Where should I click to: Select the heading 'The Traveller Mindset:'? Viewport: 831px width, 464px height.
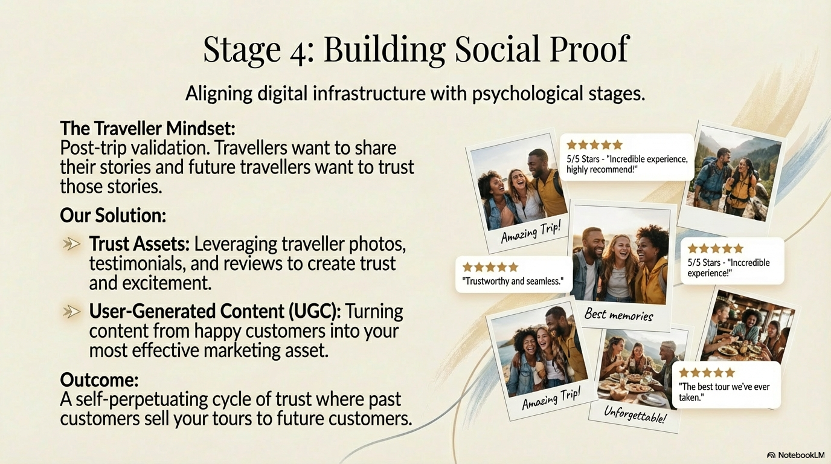click(x=147, y=129)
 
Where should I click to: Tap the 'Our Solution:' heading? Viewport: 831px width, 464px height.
click(x=113, y=215)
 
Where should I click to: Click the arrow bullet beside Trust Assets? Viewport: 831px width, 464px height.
click(x=72, y=244)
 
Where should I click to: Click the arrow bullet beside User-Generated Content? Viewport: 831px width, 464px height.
click(x=72, y=311)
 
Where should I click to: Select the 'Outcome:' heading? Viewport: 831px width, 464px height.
click(x=99, y=380)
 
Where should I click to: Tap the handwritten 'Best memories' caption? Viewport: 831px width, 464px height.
click(x=618, y=315)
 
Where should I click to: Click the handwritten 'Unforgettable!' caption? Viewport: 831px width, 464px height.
click(x=635, y=414)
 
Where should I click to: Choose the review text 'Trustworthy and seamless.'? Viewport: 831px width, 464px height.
click(x=513, y=281)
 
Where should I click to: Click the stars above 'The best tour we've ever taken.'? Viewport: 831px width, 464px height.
click(x=707, y=372)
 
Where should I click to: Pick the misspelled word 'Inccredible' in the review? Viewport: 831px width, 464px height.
click(x=749, y=263)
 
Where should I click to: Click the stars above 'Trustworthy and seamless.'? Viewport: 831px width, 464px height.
click(x=490, y=267)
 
